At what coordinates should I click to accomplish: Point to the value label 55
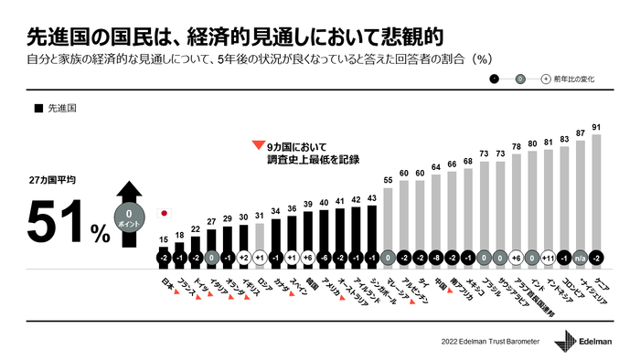(389, 181)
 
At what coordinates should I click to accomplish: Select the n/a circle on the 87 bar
(581, 258)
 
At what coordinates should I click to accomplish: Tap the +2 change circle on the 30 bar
(244, 258)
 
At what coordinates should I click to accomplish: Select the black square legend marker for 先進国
(37, 108)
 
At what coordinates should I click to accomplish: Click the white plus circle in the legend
(546, 79)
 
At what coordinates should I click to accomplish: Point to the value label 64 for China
(437, 166)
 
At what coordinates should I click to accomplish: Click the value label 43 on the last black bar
(372, 197)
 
